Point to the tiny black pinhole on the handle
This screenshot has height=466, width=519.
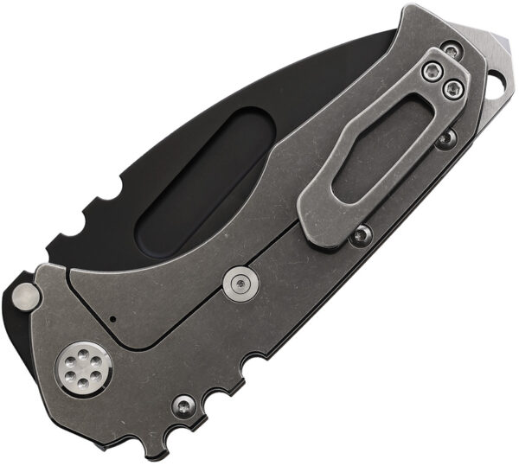(113, 319)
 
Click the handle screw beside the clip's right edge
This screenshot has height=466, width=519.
(445, 138)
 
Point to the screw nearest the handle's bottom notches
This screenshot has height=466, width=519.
(183, 404)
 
